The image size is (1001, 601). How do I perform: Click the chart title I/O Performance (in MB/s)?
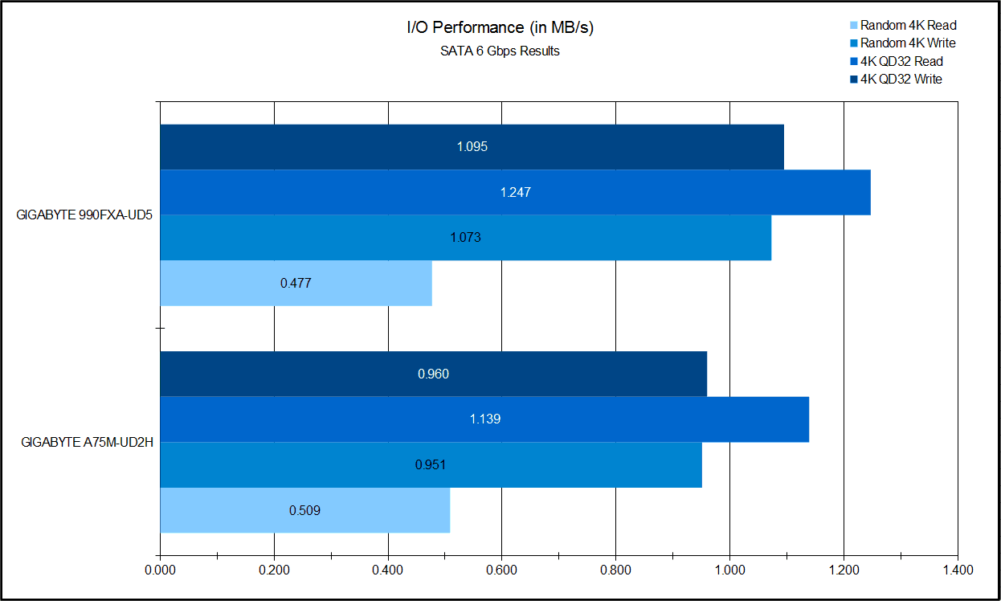click(x=500, y=28)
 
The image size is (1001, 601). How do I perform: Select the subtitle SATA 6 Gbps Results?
click(x=500, y=51)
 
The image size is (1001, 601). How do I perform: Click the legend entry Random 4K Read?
click(x=908, y=26)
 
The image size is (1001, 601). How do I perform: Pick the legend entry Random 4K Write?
click(x=908, y=43)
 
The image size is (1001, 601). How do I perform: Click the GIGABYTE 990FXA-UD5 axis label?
click(x=84, y=215)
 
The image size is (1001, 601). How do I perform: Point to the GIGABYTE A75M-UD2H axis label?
click(x=87, y=442)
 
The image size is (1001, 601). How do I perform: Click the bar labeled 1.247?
click(x=515, y=193)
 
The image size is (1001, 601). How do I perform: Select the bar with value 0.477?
click(x=296, y=283)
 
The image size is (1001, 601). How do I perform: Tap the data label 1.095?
click(x=472, y=147)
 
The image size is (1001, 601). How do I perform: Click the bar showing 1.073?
click(x=465, y=238)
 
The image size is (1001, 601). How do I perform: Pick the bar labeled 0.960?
click(x=433, y=374)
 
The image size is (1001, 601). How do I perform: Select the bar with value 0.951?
click(x=431, y=464)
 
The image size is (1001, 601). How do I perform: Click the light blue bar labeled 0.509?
click(x=304, y=510)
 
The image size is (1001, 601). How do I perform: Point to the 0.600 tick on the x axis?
click(x=501, y=570)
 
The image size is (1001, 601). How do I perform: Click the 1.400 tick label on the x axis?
click(x=957, y=570)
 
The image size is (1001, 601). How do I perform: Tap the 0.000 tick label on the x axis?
click(x=160, y=570)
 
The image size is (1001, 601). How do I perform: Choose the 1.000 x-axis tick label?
click(x=729, y=570)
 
